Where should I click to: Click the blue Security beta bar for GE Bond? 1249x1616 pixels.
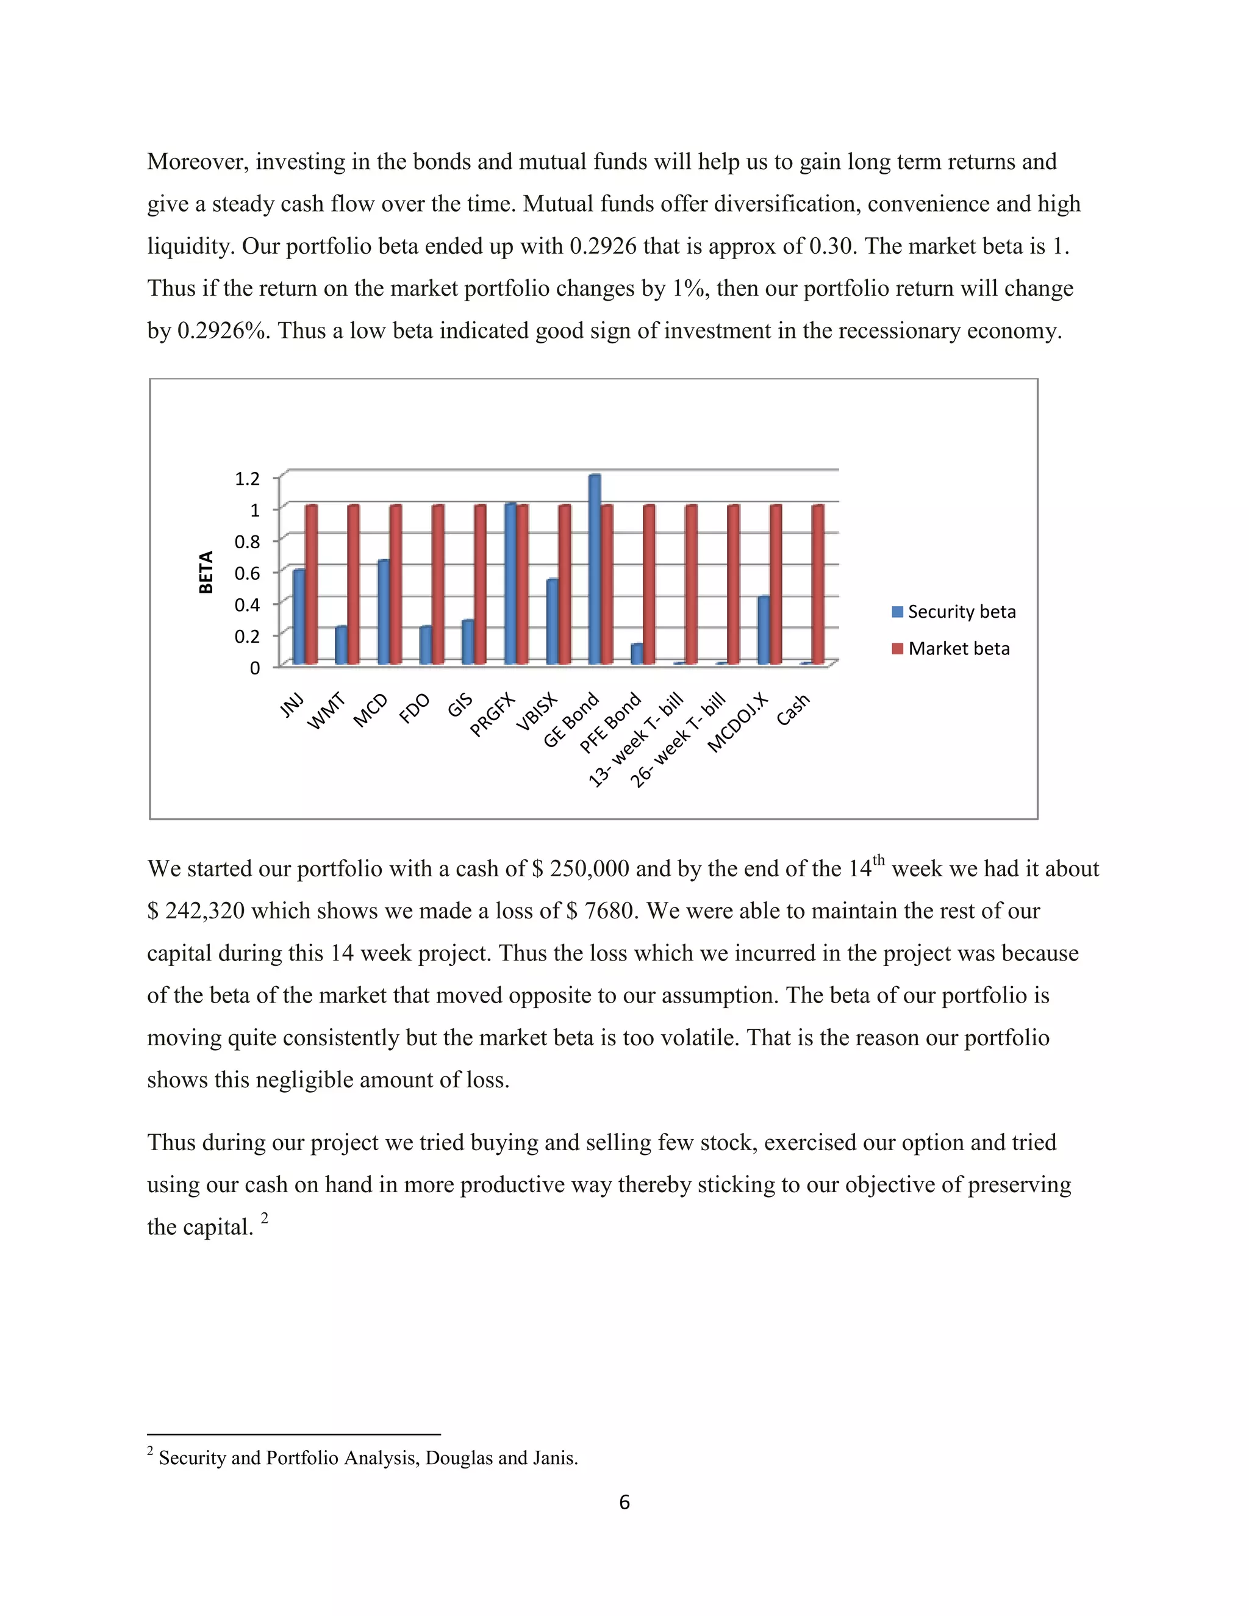point(594,570)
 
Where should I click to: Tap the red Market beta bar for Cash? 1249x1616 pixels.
point(818,585)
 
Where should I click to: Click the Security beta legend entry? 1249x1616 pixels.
point(954,612)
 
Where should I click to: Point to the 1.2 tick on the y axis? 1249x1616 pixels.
point(247,479)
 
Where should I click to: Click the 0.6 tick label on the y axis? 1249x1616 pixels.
point(247,573)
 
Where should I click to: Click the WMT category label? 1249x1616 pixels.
point(326,711)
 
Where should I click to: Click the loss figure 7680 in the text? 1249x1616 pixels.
point(610,911)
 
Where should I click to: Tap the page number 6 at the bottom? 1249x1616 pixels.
point(624,1503)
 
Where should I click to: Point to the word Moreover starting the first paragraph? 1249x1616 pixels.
point(197,162)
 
